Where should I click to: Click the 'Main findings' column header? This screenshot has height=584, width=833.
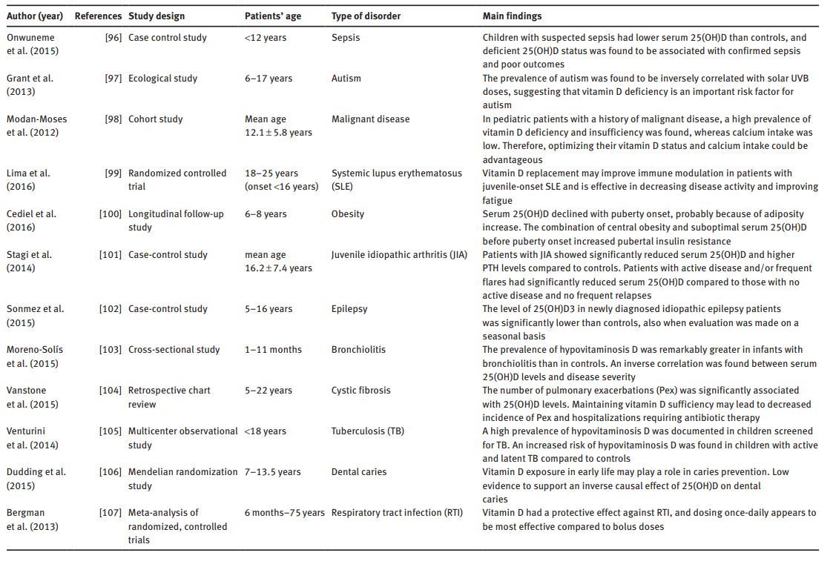pos(512,16)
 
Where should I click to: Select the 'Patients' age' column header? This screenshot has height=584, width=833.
pos(273,16)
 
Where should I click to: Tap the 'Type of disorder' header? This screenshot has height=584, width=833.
pos(366,16)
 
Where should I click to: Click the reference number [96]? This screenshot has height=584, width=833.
pos(113,37)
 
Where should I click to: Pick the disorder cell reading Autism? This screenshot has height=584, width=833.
pos(346,78)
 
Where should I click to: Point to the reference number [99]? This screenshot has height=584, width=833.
pos(113,173)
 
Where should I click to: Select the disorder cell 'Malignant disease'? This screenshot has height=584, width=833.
pos(370,119)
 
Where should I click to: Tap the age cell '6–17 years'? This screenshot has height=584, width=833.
pos(269,78)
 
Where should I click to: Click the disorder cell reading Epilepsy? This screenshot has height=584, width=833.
pos(349,308)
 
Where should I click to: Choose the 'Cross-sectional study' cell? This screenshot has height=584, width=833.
pos(174,349)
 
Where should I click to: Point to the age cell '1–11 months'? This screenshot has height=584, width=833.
pos(273,349)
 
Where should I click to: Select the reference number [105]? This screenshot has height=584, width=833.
pos(111,431)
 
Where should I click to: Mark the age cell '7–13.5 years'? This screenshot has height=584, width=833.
pos(273,471)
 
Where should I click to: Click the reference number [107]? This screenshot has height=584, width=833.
pos(111,512)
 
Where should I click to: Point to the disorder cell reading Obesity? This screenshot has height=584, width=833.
pos(347,213)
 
